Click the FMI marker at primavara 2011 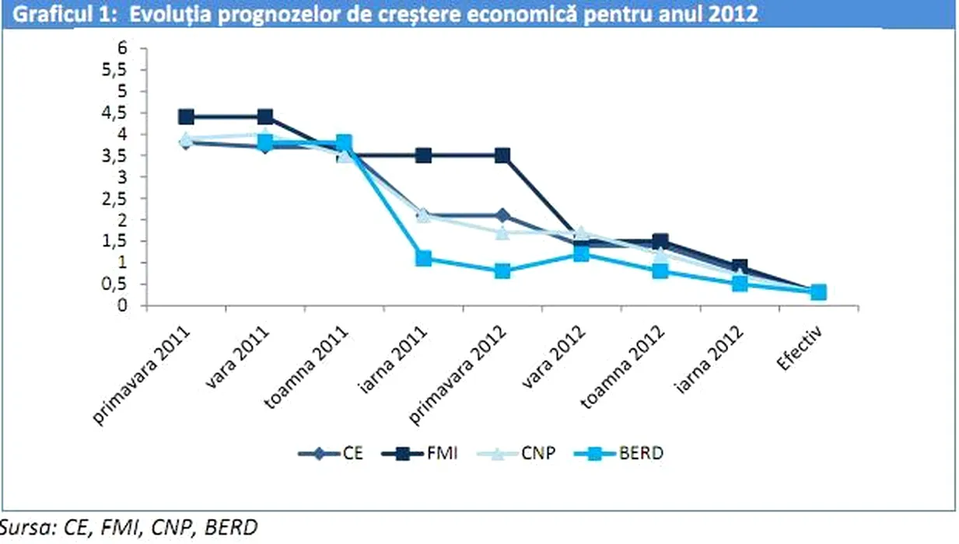(x=186, y=117)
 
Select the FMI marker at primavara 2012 (x=502, y=155)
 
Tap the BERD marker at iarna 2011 (x=423, y=258)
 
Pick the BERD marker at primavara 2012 (x=502, y=271)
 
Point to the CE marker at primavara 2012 (x=502, y=215)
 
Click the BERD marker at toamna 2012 (x=660, y=271)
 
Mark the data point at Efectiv (x=818, y=292)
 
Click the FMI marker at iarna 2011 (x=423, y=155)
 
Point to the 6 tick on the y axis (x=121, y=48)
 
